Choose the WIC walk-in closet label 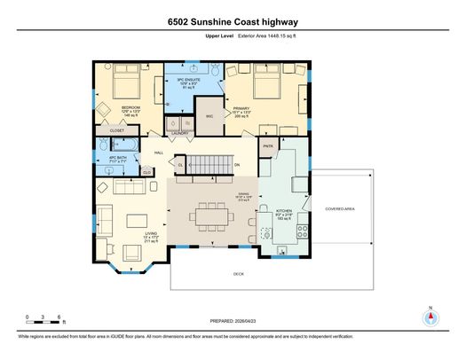[x=209, y=116]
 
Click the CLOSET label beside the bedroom [x=117, y=130]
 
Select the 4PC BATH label [x=117, y=159]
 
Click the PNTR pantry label [x=267, y=146]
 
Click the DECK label [x=239, y=274]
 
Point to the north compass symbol [x=430, y=319]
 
